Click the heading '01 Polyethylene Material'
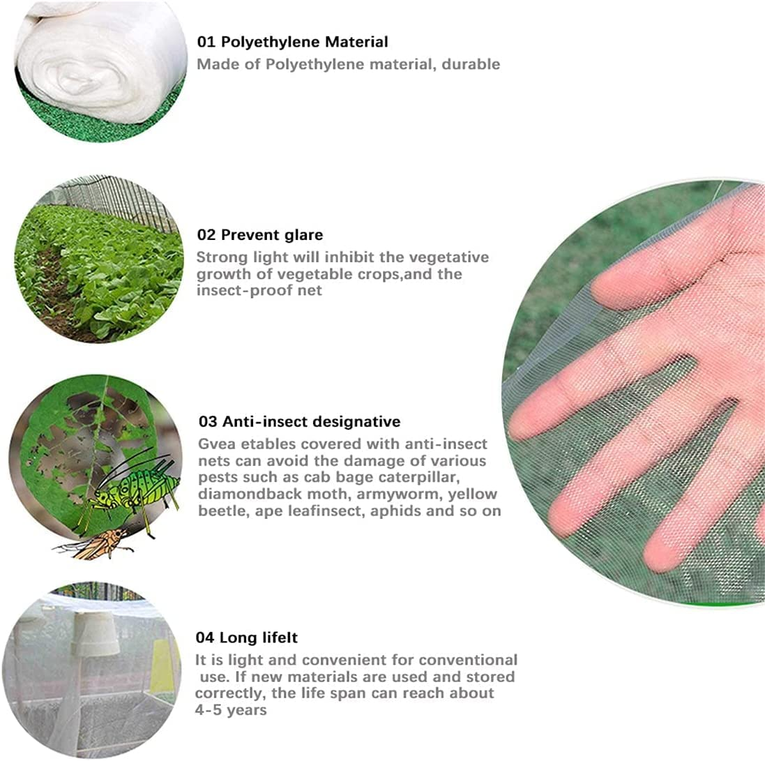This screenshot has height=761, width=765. pos(292,42)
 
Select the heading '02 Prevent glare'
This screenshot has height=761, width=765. pos(260,234)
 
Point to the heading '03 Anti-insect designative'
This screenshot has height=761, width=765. pos(299,421)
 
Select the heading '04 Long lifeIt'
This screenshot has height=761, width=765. pos(248,638)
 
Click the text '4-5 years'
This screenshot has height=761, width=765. pos(231,710)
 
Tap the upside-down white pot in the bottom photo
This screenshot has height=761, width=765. pos(94,631)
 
